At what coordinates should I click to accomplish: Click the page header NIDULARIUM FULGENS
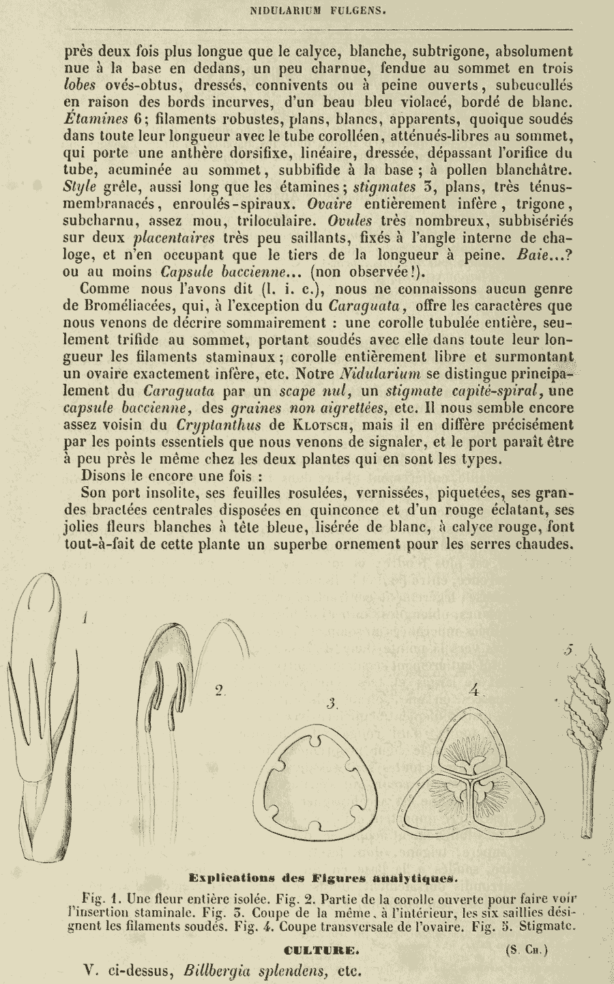(309, 10)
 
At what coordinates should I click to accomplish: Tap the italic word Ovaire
(330, 203)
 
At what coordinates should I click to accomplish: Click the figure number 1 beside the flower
(85, 619)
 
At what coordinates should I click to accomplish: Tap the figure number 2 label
(219, 691)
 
